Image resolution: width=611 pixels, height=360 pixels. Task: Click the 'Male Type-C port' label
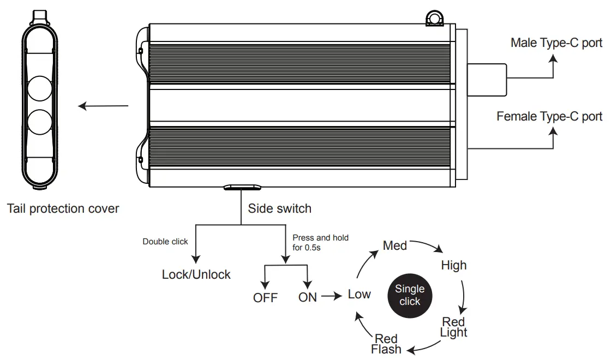pyautogui.click(x=556, y=43)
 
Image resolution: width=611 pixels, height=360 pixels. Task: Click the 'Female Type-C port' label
pyautogui.click(x=549, y=116)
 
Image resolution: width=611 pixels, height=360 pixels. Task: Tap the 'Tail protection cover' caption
pyautogui.click(x=63, y=208)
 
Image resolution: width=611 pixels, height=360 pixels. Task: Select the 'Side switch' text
pyautogui.click(x=279, y=208)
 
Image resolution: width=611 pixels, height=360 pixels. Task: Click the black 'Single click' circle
pyautogui.click(x=410, y=295)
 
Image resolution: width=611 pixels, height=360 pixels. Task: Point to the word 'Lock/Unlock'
pyautogui.click(x=196, y=274)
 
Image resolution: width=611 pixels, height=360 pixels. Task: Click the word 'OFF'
pyautogui.click(x=265, y=298)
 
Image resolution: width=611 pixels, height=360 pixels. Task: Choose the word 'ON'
pyautogui.click(x=308, y=298)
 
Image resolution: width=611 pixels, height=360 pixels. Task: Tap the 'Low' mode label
pyautogui.click(x=359, y=295)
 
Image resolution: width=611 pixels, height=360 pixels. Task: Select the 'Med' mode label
pyautogui.click(x=395, y=246)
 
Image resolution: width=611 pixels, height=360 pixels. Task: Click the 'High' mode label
pyautogui.click(x=454, y=266)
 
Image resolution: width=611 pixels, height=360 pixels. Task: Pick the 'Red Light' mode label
pyautogui.click(x=454, y=327)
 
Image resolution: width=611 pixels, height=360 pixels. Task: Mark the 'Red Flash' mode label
pyautogui.click(x=386, y=344)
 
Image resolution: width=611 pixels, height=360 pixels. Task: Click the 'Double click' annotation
pyautogui.click(x=165, y=242)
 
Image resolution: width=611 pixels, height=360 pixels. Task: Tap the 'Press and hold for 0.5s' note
pyautogui.click(x=320, y=242)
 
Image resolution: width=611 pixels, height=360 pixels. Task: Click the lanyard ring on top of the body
pyautogui.click(x=434, y=18)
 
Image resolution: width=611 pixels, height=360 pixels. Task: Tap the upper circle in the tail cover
pyautogui.click(x=39, y=88)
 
